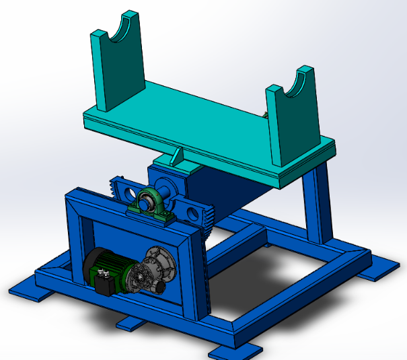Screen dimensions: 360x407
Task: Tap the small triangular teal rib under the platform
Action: click(x=177, y=156)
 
